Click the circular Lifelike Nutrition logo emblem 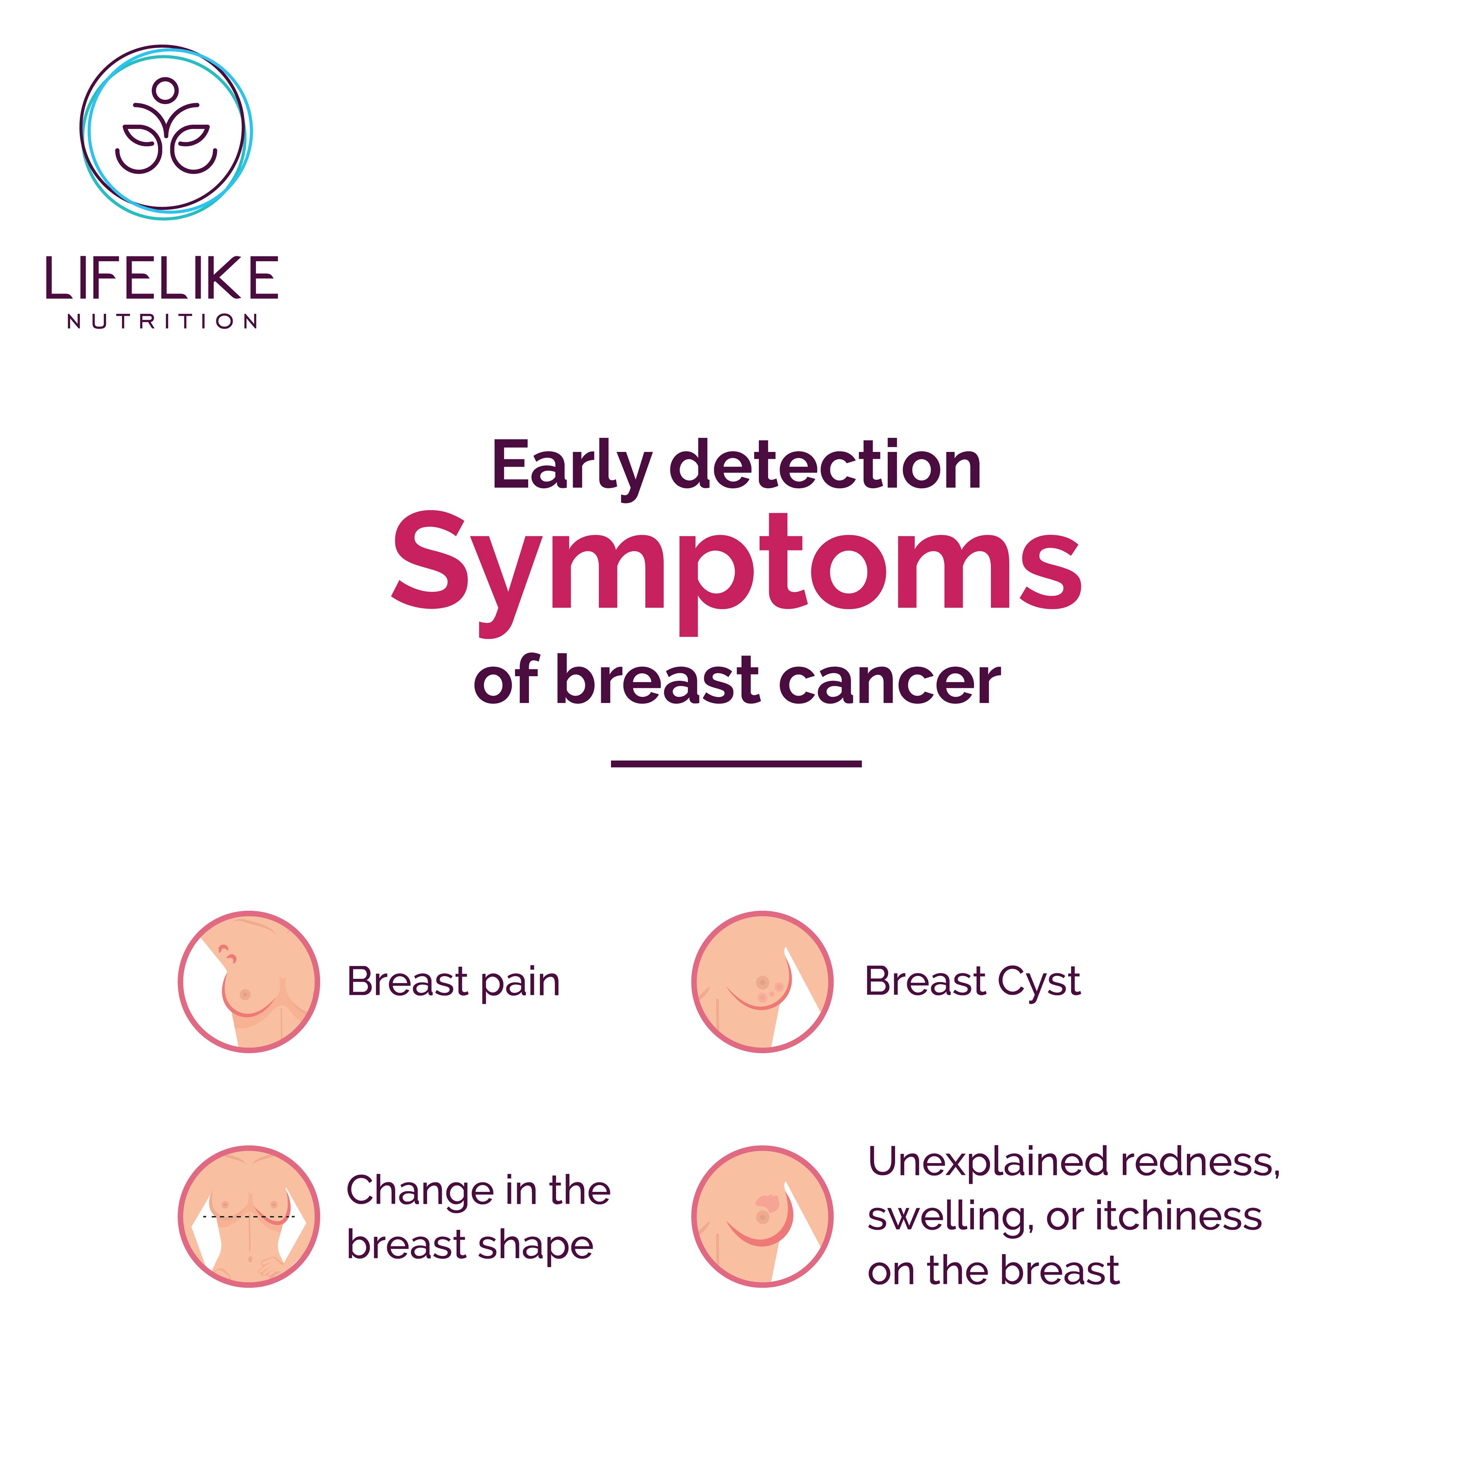[165, 132]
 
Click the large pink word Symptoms [736, 572]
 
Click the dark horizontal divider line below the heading [736, 763]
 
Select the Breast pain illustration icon [249, 982]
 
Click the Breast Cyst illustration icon [763, 982]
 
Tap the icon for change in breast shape [249, 1217]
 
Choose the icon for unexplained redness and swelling [763, 1217]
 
